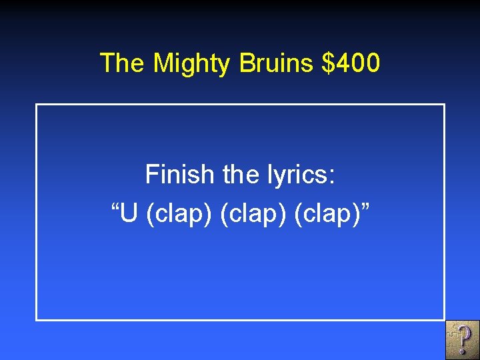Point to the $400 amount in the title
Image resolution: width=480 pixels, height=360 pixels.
(351, 63)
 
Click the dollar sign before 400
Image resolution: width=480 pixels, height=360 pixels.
(327, 63)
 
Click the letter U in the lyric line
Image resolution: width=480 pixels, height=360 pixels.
(130, 215)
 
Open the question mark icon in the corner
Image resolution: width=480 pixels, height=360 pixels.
(462, 339)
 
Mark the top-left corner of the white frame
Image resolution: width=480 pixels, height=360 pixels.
(37, 105)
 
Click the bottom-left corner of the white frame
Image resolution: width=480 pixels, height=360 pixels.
(37, 319)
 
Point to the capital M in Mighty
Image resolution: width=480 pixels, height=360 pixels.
(162, 63)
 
